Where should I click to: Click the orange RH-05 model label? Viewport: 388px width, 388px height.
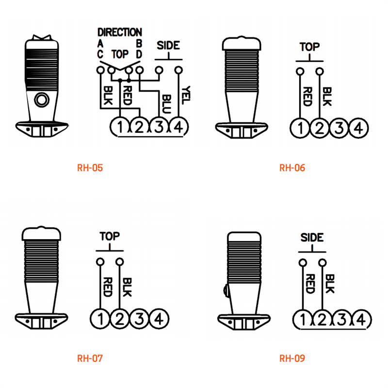coord(90,168)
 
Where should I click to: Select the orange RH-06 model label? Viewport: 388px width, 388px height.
coord(292,168)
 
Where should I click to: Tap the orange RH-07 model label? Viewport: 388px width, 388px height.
coord(90,358)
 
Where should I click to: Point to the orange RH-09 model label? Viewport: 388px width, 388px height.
coord(292,358)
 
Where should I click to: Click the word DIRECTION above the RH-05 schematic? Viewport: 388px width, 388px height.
coord(120,32)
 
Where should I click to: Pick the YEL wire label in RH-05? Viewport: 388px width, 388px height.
coord(186,95)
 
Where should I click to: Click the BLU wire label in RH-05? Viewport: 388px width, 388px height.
coord(166,104)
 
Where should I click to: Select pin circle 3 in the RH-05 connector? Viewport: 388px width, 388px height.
coord(159,127)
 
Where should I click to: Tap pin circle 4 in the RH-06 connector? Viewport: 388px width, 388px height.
coord(358,128)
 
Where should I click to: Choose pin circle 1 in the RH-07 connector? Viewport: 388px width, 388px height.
coord(100,319)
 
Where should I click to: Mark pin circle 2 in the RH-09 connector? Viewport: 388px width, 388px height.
coord(322,320)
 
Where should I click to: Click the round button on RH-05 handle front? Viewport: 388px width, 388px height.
coord(42,100)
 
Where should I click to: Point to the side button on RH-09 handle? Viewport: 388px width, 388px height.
coord(226,290)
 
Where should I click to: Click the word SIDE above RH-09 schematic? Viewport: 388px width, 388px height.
coord(312,238)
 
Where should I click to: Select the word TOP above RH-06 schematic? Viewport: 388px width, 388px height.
coord(309,47)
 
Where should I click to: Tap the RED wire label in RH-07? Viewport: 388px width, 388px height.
coord(108,287)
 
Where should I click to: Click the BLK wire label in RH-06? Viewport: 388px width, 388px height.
coord(327,97)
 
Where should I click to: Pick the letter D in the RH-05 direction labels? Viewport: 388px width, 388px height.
coord(139,54)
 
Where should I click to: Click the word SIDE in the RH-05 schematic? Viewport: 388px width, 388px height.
coord(168,45)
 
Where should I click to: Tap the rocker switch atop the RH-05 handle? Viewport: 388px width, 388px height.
coord(42,37)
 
